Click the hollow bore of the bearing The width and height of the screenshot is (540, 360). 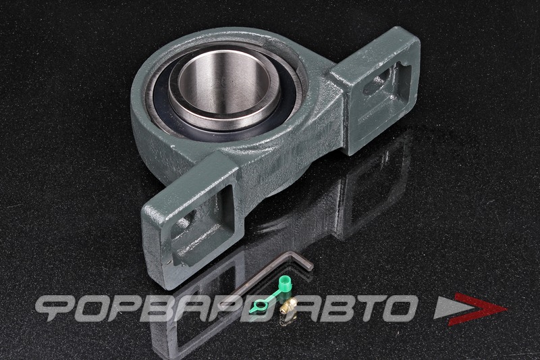[x=225, y=85]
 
